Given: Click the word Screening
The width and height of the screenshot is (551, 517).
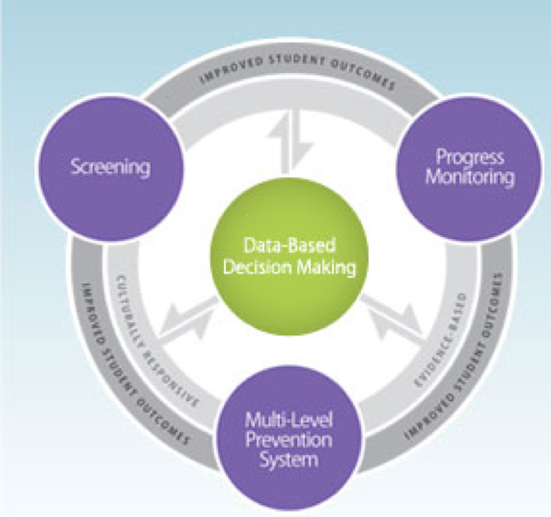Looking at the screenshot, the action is pos(110,167).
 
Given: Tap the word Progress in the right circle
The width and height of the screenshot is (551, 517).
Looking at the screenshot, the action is pos(470,157).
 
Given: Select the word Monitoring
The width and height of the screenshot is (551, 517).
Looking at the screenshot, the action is pos(470,177).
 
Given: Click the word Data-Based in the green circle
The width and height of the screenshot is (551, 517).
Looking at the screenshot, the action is pos(289,246).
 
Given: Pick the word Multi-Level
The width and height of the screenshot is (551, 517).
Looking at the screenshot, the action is pos(288,421).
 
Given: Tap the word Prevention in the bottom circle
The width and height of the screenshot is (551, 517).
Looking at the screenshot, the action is pos(288,440).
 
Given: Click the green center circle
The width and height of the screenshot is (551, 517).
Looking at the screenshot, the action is pos(289,257).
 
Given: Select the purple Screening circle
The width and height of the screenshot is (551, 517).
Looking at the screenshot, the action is pos(111,168).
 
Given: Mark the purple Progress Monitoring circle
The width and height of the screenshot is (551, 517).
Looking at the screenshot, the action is pos(470,168).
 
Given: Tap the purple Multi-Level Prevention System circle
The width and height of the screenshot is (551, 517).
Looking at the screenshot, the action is pos(288,439).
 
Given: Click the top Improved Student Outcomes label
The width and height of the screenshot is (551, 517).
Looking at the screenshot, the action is pos(297,73).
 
